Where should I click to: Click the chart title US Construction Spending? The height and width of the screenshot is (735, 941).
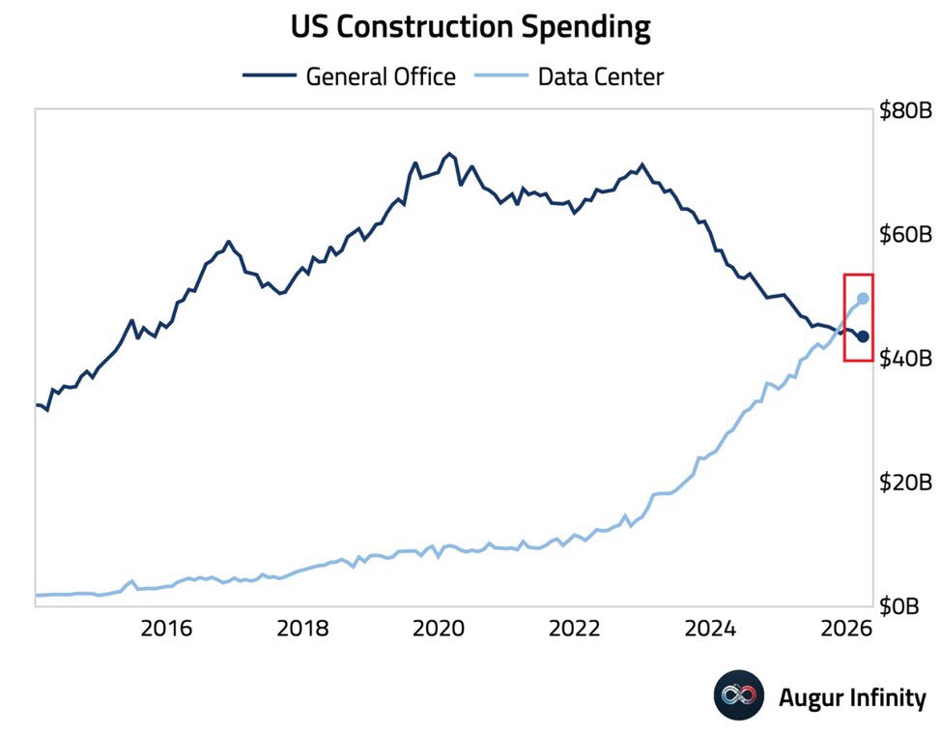470,28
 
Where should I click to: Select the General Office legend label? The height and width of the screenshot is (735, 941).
381,77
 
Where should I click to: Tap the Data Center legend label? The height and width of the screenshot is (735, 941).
601,77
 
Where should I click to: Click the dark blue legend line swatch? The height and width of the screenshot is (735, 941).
270,75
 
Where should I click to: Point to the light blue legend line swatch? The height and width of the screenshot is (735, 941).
501,75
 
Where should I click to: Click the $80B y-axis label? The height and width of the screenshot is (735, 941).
905,110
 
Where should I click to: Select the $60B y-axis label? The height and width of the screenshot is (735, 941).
905,234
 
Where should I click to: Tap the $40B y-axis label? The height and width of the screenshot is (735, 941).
905,358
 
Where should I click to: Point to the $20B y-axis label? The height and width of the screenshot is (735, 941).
905,482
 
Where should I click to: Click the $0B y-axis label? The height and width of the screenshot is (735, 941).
899,605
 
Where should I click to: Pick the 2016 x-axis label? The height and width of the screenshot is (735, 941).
166,629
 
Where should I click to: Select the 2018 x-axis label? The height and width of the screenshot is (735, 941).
302,629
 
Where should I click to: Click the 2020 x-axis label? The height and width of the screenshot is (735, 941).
439,629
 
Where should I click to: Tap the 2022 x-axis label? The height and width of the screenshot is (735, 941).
574,629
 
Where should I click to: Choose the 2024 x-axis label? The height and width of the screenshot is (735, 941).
710,629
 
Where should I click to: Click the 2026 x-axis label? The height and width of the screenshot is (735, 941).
846,629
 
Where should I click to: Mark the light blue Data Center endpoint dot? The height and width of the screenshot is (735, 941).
863,298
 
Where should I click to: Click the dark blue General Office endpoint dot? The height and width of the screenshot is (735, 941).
863,337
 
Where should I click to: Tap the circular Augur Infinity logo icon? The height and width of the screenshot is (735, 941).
739,695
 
